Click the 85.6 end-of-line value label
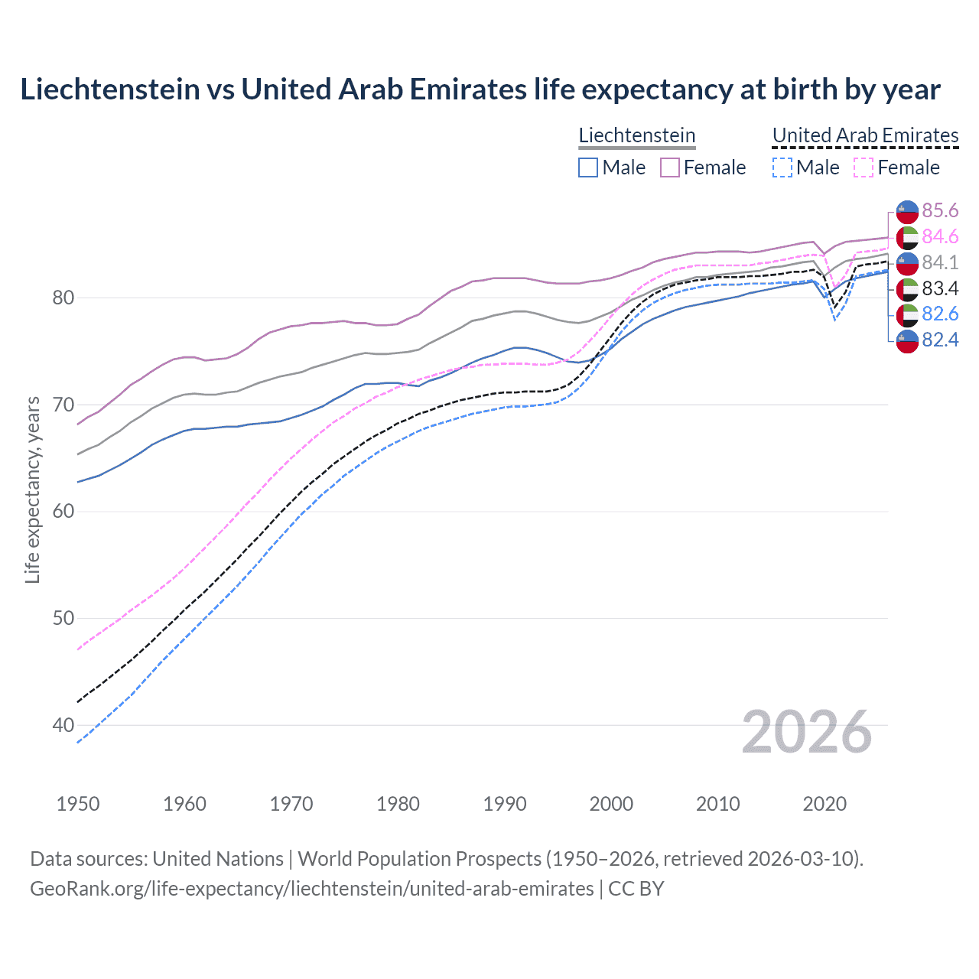pos(940,211)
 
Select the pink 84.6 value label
pos(940,237)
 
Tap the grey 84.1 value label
pos(940,262)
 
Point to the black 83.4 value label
pos(940,288)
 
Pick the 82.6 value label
pos(940,314)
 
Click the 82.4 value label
pos(940,340)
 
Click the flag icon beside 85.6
pos(907,212)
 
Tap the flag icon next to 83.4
pos(907,289)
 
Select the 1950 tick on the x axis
pos(78,804)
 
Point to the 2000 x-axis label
pos(611,804)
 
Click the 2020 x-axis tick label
pos(825,804)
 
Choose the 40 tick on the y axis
pos(63,725)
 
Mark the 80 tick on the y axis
pos(63,298)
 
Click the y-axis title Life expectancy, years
pos(32,489)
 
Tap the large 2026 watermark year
pos(807,733)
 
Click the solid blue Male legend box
pos(587,168)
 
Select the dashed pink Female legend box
pos(863,168)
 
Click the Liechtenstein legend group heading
pos(636,135)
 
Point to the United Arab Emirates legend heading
pos(865,135)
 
